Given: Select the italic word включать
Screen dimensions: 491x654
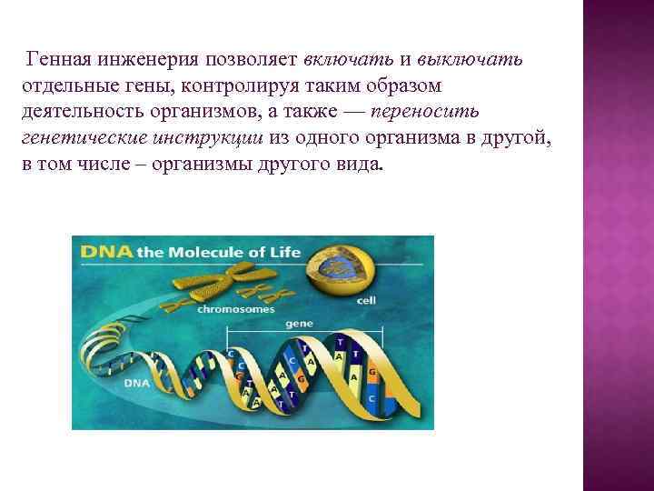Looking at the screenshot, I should coord(345,60).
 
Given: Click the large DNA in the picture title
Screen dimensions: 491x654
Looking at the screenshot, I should coord(105,253).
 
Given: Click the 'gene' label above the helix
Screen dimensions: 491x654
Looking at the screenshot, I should coord(299,323).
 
